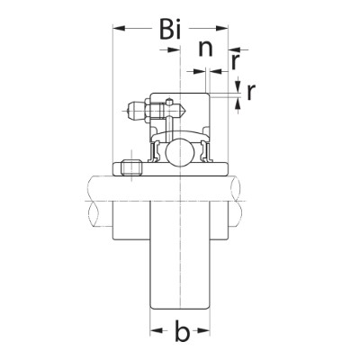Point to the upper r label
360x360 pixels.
click(235, 62)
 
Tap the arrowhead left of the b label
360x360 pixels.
click(155, 334)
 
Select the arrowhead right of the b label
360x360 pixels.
click(206, 334)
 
